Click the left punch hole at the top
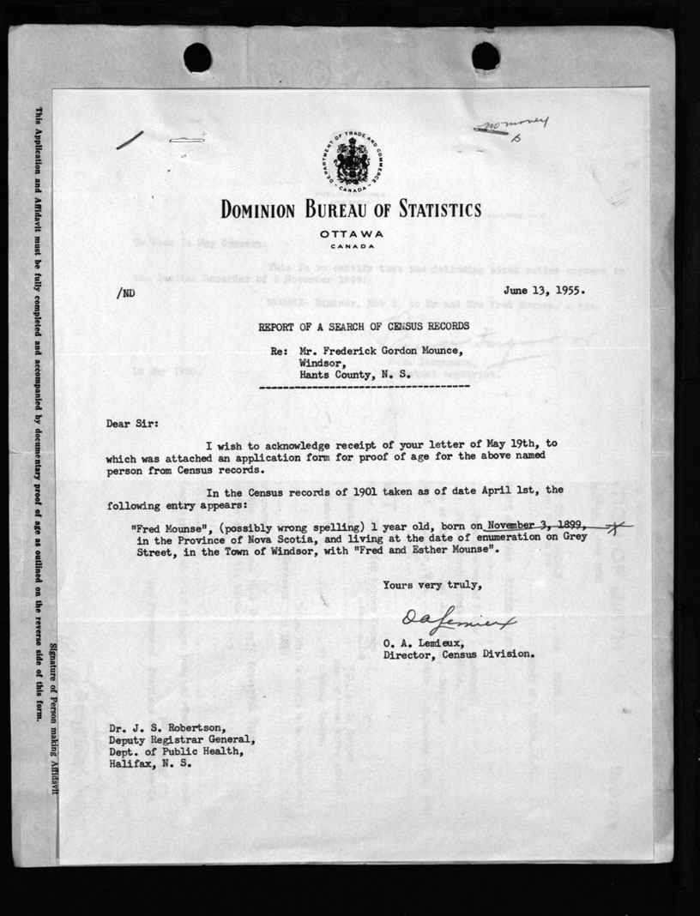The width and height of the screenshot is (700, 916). (197, 57)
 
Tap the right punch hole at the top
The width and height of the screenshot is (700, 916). (486, 57)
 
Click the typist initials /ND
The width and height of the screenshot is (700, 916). (124, 292)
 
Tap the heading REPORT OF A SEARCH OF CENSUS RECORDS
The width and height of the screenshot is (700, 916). (364, 326)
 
